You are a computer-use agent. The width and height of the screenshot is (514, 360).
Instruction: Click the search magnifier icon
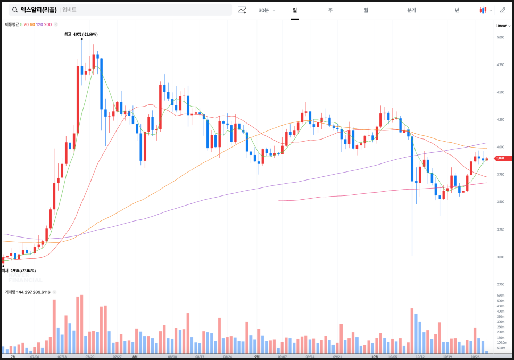tap(14, 10)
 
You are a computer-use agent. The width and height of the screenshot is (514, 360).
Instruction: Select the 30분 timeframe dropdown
tap(266, 10)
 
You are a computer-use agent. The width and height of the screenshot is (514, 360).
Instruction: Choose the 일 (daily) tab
tap(294, 10)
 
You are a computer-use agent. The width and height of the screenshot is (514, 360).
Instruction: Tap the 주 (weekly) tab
tap(330, 10)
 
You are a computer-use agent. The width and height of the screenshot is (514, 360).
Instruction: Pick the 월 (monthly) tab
tap(366, 10)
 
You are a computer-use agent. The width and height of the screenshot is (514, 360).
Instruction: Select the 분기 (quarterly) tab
tap(411, 10)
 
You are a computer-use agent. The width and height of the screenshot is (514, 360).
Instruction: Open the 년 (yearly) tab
tap(457, 10)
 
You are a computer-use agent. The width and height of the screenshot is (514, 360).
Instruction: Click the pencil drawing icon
tap(502, 10)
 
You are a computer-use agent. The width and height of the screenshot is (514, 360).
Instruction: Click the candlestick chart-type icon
tap(483, 10)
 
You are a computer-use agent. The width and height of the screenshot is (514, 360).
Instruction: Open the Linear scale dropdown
tap(502, 26)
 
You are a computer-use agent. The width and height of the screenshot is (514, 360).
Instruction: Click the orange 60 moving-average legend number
tap(32, 24)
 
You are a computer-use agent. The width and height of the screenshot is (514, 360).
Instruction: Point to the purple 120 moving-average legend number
tap(39, 24)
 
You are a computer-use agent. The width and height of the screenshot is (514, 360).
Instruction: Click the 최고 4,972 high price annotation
tap(81, 34)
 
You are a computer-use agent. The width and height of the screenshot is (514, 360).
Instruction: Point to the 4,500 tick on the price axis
tap(500, 92)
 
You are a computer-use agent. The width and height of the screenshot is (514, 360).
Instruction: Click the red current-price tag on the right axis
tap(500, 158)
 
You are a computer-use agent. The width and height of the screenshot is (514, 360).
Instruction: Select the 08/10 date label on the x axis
tap(172, 357)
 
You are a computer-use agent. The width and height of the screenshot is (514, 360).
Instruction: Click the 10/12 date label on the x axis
tap(420, 357)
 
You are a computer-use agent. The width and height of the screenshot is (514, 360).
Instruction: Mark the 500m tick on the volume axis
tap(500, 301)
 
